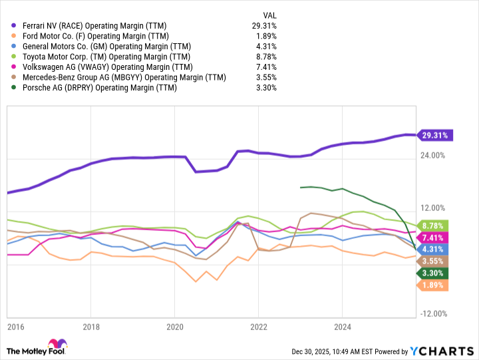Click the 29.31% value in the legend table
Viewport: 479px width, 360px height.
pos(264,25)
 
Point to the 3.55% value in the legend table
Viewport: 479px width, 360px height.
pos(266,77)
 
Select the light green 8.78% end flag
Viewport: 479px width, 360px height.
pos(434,226)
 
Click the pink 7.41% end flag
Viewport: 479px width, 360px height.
pos(434,238)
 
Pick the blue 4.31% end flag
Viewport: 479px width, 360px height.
pos(434,249)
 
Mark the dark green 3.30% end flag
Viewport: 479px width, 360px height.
pos(434,273)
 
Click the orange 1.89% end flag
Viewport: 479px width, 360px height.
pos(434,285)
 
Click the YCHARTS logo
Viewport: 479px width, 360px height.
pos(440,351)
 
